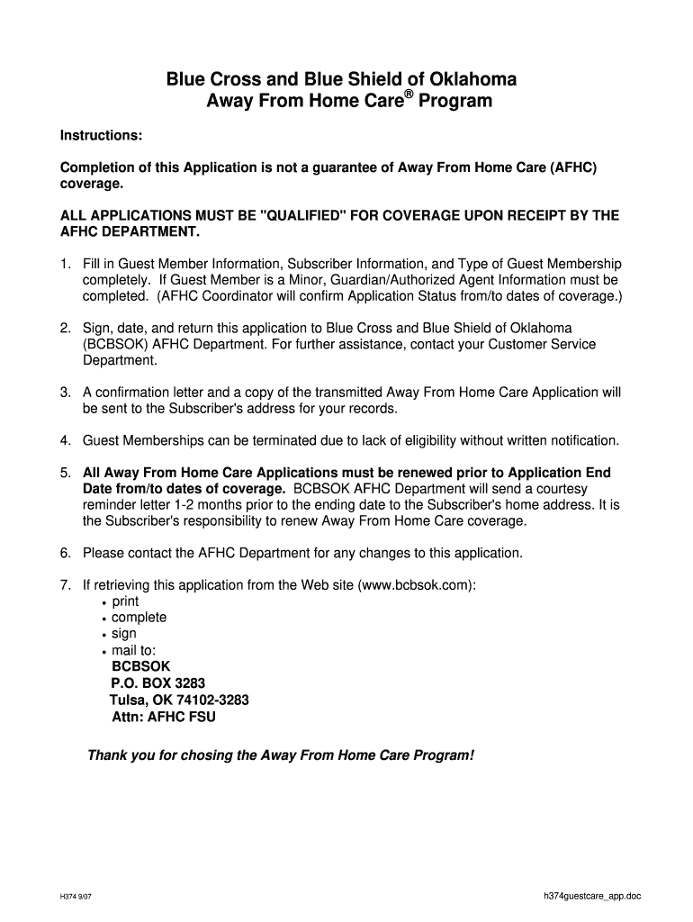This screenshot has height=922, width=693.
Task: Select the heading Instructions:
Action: point(101,135)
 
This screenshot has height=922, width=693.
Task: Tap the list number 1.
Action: point(65,264)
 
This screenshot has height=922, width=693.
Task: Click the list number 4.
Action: point(65,441)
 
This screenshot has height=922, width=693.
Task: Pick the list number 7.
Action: point(65,585)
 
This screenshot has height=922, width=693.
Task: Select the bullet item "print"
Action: point(125,601)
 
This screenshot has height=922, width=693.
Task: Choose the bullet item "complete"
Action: point(139,618)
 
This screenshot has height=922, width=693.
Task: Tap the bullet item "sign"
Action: point(124,634)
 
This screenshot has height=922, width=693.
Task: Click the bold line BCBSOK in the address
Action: point(139,666)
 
